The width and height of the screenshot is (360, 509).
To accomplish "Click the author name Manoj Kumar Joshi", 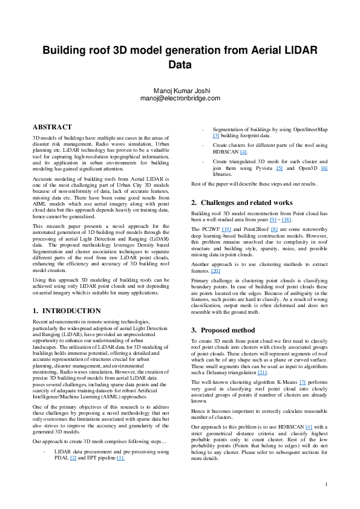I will tap(180, 91).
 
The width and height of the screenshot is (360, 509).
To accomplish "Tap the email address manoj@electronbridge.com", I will tap(180, 98).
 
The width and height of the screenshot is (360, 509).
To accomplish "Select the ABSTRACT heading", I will tap(53, 128).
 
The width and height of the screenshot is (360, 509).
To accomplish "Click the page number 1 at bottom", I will tap(326, 484).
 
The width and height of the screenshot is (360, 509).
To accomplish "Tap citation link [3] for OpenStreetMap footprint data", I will tap(215, 136).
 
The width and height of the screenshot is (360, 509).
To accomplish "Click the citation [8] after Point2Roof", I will tap(275, 230).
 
